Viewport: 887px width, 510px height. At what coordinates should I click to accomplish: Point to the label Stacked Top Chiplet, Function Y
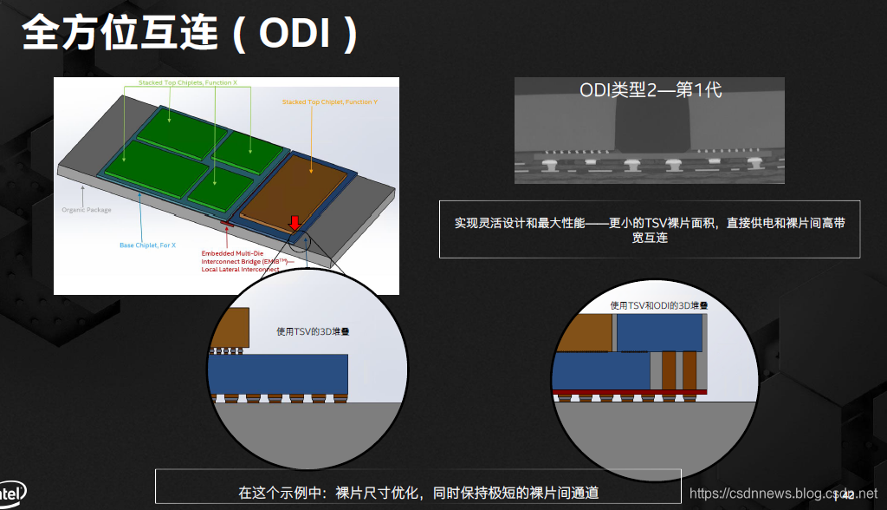coord(329,102)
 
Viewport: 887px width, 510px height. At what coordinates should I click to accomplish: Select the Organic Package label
coord(87,210)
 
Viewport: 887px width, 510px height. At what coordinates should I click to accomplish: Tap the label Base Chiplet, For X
coord(147,245)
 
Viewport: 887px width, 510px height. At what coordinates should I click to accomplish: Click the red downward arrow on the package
coord(295,225)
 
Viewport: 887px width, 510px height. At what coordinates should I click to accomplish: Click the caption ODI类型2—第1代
coord(650,90)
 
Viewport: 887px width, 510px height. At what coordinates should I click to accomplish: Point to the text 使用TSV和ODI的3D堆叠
coord(659,305)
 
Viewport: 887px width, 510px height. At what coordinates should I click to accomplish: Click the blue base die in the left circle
coord(277,373)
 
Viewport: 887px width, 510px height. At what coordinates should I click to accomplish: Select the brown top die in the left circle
coord(228,328)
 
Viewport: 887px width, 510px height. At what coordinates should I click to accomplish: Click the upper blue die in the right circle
coord(658,332)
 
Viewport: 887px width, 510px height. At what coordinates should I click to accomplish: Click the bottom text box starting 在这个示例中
coord(418,493)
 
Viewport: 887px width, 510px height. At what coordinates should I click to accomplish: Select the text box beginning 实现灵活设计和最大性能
coord(650,230)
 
